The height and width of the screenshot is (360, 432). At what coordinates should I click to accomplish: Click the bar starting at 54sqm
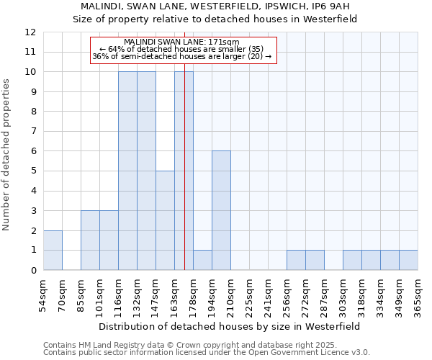pos(53,251)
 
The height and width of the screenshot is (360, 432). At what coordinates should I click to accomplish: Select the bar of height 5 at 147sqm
pos(165,220)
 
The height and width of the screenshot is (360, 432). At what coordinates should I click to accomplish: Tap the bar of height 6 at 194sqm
pos(221,210)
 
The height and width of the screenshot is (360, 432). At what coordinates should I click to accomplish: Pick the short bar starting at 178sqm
pos(202,260)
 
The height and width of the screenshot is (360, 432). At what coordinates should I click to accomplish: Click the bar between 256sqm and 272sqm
pos(296,260)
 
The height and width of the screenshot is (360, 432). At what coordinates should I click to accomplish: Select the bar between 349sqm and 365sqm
pos(408,260)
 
